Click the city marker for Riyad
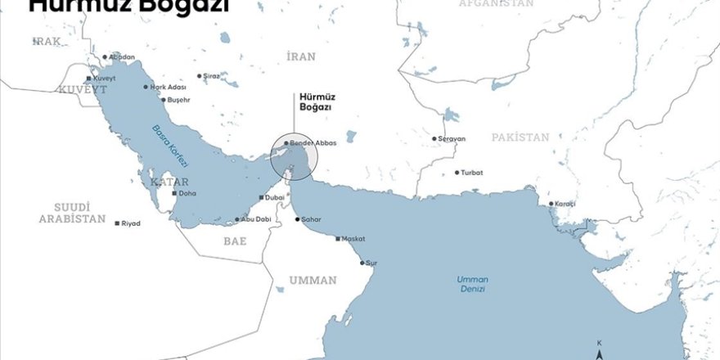pyautogui.click(x=117, y=223)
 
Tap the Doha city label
pyautogui.click(x=187, y=194)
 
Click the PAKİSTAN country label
pyautogui.click(x=520, y=137)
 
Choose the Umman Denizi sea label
pyautogui.click(x=471, y=284)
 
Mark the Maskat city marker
pyautogui.click(x=338, y=239)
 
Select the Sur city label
pyautogui.click(x=372, y=263)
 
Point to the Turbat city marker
pyautogui.click(x=457, y=173)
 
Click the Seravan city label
pyautogui.click(x=452, y=139)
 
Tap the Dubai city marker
pyautogui.click(x=261, y=198)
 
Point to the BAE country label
pyautogui.click(x=235, y=241)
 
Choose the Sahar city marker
pyautogui.click(x=297, y=220)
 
